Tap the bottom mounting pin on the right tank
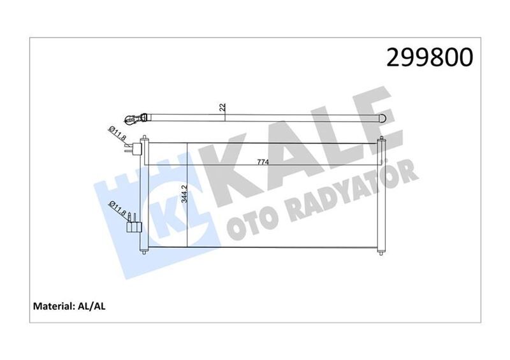point(382,252)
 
